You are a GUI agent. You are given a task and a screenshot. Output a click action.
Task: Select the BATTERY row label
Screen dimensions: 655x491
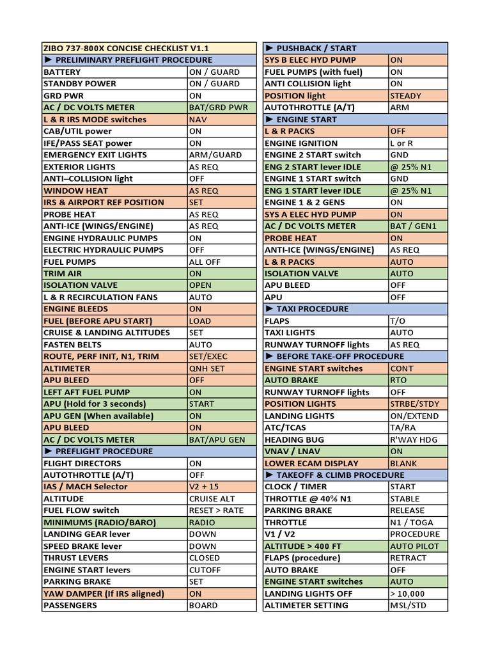pyautogui.click(x=62, y=72)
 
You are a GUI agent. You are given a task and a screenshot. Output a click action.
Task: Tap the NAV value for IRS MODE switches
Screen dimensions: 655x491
pyautogui.click(x=198, y=120)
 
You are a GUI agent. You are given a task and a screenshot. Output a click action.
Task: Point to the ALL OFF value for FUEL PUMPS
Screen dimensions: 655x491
pyautogui.click(x=205, y=262)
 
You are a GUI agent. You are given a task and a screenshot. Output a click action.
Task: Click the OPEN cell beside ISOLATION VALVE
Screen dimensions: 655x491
pyautogui.click(x=200, y=285)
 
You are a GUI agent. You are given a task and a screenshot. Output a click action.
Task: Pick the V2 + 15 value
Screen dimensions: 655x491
pyautogui.click(x=203, y=487)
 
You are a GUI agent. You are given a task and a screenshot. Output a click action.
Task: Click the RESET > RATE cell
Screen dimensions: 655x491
pyautogui.click(x=216, y=510)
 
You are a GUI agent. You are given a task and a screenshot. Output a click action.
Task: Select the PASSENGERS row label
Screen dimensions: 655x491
pyautogui.click(x=70, y=605)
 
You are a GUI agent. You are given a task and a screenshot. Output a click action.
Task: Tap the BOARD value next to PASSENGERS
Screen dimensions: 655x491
pyautogui.click(x=203, y=605)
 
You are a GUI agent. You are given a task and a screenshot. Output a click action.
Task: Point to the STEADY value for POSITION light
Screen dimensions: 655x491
pyautogui.click(x=405, y=96)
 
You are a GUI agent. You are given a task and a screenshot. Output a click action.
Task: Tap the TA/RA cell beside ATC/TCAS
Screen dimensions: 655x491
pyautogui.click(x=403, y=427)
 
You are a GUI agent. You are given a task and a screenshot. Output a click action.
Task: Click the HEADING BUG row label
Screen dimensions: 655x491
pyautogui.click(x=294, y=439)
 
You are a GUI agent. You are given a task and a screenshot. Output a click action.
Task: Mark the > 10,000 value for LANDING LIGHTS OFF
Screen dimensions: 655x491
pyautogui.click(x=407, y=594)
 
